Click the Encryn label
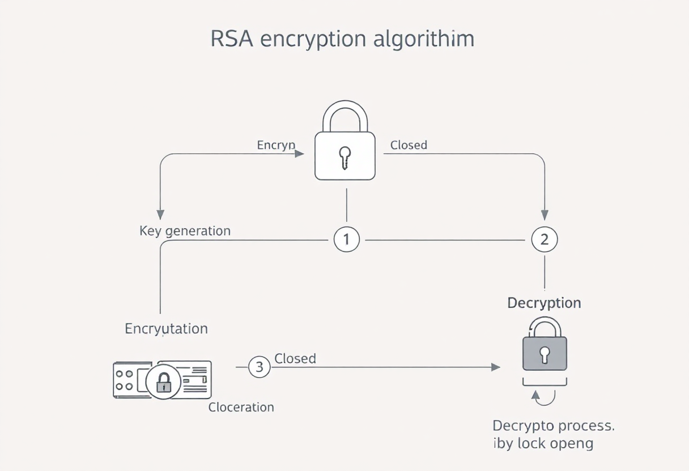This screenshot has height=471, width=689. pos(276,145)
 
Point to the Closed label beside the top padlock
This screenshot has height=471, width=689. pos(409,145)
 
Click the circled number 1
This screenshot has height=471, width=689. pos(346,239)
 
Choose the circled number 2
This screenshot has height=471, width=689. pos(545,239)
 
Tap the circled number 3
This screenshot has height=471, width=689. pos(260,367)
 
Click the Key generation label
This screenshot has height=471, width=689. pos(185,231)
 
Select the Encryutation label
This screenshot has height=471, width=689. pos(166,328)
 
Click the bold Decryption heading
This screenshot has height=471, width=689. pos(544,303)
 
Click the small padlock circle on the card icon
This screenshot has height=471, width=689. pos(163,382)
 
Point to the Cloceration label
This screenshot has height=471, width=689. pos(241,407)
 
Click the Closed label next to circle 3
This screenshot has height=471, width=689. pos(295,358)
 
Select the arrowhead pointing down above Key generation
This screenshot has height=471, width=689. pos(160,215)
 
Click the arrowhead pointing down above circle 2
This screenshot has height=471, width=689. pos(545,215)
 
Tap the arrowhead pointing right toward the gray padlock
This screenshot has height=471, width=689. pos(495,367)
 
